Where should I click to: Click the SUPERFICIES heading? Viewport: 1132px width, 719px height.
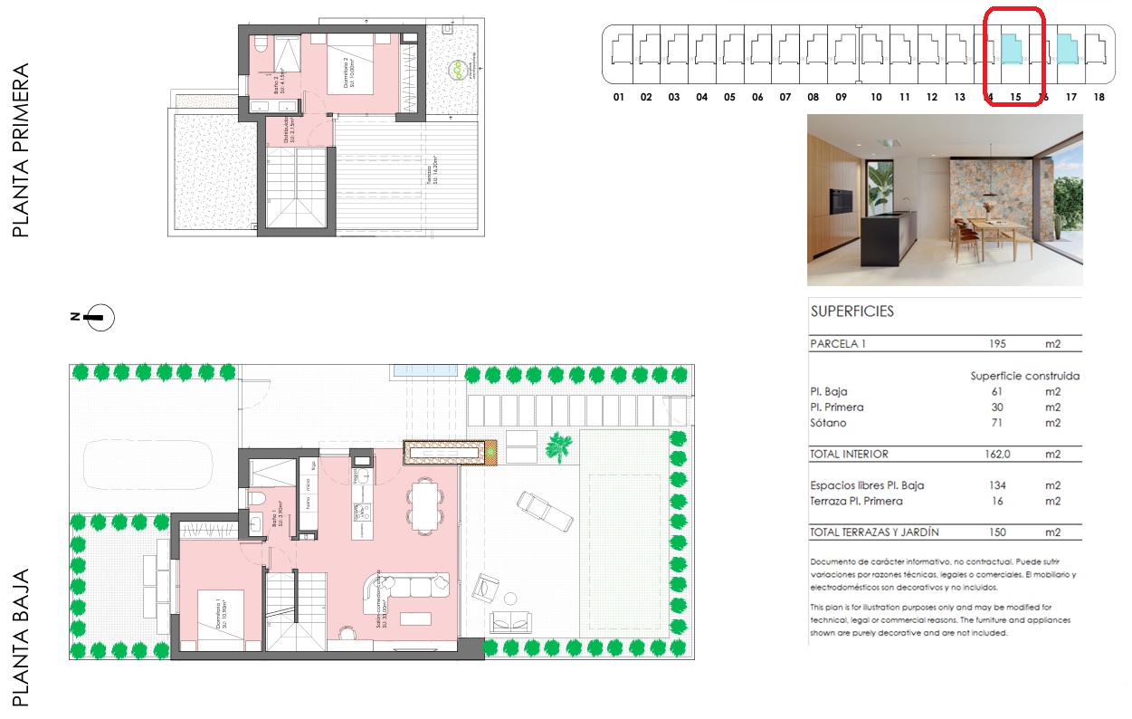[x=851, y=312]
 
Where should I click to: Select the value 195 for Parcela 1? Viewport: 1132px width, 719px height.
[x=998, y=344]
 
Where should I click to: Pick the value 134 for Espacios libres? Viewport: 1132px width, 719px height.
[x=998, y=485]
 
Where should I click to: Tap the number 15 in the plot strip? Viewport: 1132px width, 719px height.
[x=1015, y=97]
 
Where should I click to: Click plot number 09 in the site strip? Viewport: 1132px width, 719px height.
[x=841, y=97]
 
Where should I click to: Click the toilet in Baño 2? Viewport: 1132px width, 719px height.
[x=260, y=44]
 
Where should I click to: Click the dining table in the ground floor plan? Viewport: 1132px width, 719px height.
[x=423, y=503]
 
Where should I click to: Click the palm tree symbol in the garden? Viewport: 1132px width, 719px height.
[x=559, y=446]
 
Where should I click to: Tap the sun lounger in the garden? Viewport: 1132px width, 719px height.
[x=544, y=511]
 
